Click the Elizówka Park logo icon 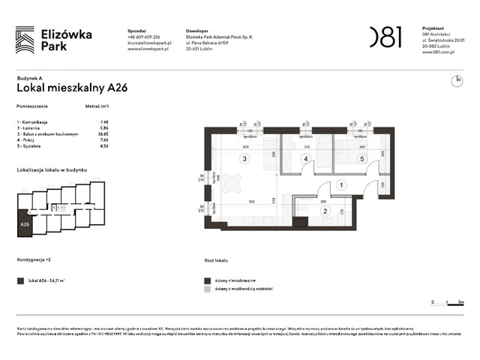[25, 39]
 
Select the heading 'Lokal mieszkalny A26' [72, 88]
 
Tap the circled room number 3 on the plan [243, 159]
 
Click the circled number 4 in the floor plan [305, 159]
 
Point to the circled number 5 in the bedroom [361, 159]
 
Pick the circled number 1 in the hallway [340, 184]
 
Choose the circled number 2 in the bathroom [326, 211]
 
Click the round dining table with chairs [232, 182]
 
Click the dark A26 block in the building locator [25, 224]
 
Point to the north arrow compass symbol [457, 79]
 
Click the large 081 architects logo [385, 36]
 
